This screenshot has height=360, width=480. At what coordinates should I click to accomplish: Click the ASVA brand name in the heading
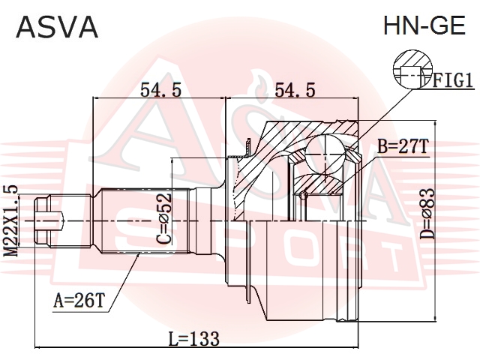point(57,27)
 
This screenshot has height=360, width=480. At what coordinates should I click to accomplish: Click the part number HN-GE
point(424,25)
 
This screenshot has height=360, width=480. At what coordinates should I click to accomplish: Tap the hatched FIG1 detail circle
point(412,70)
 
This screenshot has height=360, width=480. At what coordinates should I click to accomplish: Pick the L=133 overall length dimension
point(194,339)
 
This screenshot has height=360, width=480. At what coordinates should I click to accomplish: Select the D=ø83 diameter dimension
point(427,213)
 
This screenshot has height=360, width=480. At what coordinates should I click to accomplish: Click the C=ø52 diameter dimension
point(163,220)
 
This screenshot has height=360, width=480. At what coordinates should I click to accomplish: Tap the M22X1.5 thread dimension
point(11,220)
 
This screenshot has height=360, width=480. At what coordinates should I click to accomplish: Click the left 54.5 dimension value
point(160,90)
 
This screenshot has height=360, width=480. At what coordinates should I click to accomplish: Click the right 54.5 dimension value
point(295,90)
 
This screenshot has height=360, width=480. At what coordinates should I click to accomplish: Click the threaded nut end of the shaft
point(42,220)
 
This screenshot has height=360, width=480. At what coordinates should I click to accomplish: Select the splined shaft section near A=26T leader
point(145,220)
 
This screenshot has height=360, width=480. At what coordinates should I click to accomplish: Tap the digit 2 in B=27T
point(404,146)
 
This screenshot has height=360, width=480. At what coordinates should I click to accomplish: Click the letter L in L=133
point(173,339)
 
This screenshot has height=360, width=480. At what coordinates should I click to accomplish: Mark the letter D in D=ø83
point(427,234)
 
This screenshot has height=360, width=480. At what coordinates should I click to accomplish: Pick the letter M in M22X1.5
point(11,250)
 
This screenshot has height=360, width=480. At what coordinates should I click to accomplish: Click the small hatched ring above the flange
point(248,147)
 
